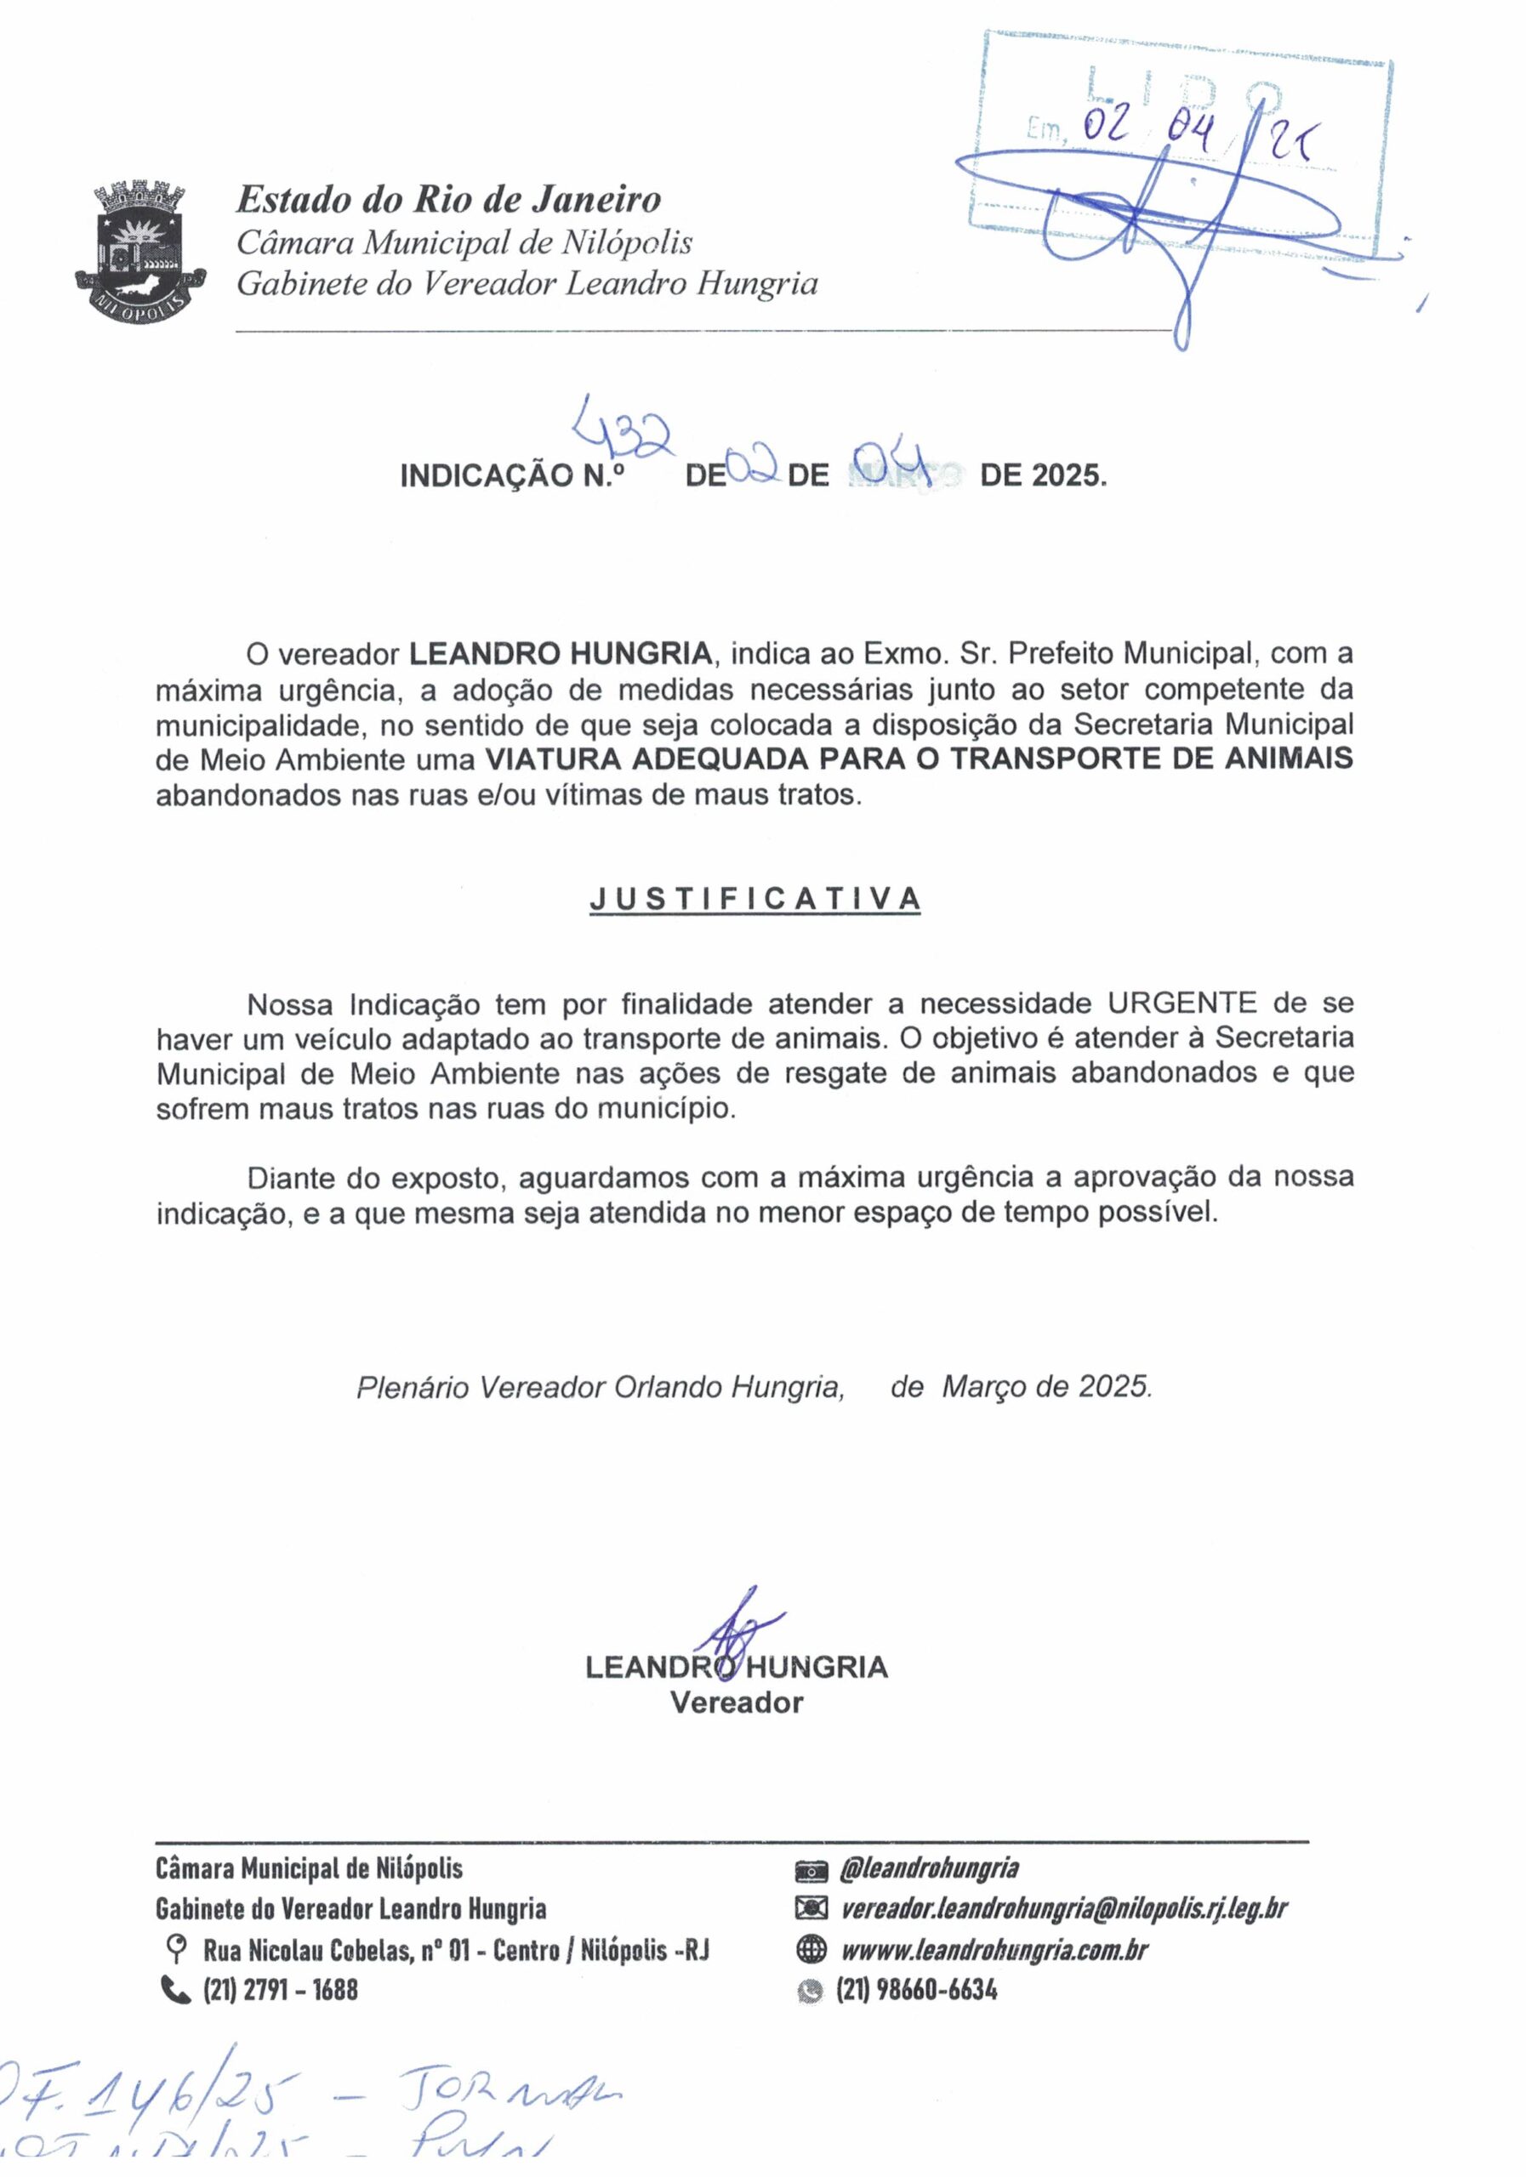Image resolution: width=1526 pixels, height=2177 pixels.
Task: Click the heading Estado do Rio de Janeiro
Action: (447, 200)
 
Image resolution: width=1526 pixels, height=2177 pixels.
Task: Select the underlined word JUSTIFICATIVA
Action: (755, 899)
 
